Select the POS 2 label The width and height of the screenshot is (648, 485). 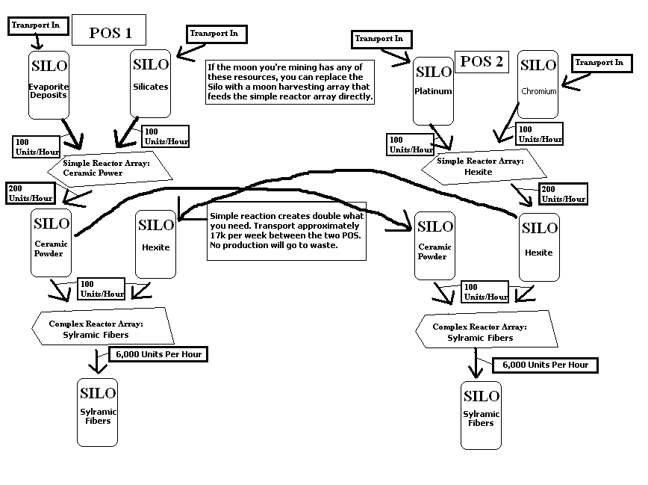[482, 61]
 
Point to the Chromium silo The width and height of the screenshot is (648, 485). [538, 84]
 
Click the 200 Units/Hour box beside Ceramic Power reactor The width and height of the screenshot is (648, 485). [31, 193]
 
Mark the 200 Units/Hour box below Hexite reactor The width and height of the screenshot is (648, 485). [563, 194]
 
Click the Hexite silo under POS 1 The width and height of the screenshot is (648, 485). [156, 243]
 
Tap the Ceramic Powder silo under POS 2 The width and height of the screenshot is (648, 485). [434, 247]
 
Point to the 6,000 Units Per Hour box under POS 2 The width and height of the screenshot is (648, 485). [545, 365]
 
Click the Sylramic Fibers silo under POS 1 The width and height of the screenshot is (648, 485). [97, 411]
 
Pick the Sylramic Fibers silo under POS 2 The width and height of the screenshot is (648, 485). [481, 415]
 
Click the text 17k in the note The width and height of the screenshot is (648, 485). [219, 235]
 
